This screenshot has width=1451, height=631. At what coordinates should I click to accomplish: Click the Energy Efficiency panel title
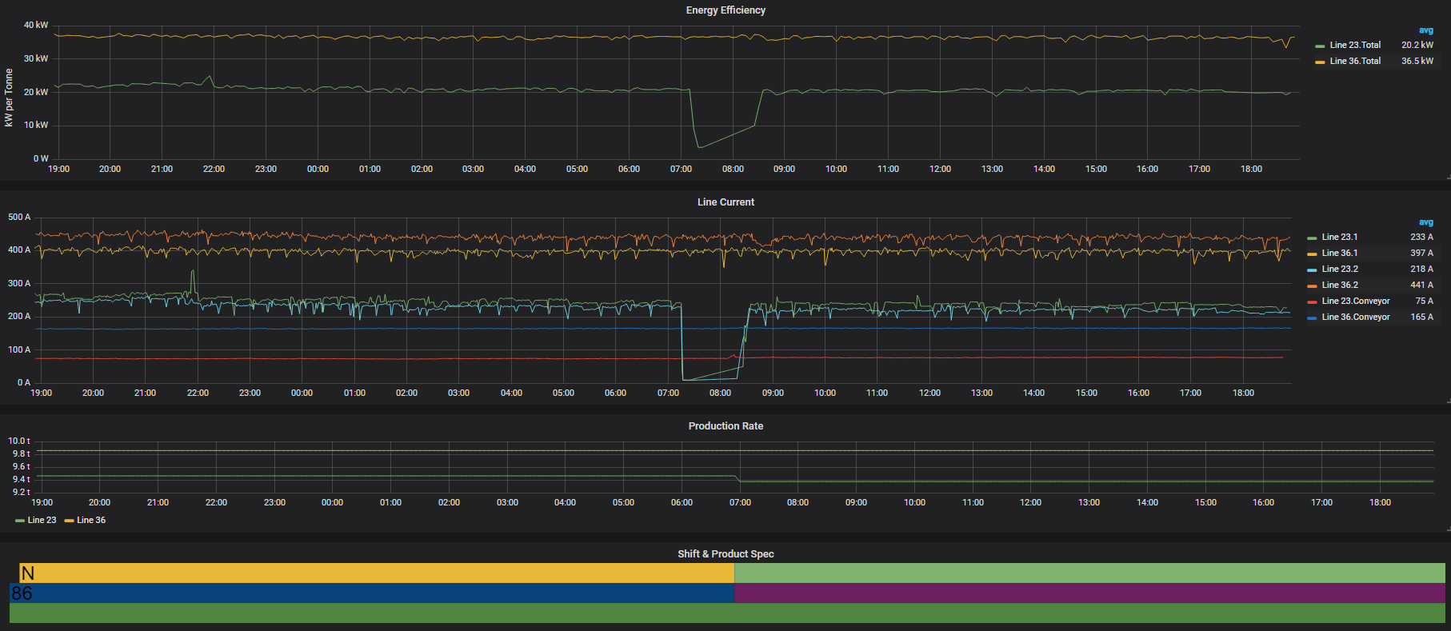click(x=725, y=10)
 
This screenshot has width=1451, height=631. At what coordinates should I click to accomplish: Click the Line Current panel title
click(x=725, y=202)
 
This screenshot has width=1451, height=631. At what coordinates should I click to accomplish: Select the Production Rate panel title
click(x=725, y=426)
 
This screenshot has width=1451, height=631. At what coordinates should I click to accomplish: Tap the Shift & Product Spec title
click(x=725, y=554)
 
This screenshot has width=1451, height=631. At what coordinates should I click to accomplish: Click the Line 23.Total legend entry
click(x=1355, y=46)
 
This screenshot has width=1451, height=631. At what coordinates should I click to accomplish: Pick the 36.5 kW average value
click(x=1417, y=62)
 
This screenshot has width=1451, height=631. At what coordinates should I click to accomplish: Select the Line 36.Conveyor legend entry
click(x=1355, y=317)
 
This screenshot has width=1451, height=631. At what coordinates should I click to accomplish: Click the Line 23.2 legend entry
click(x=1340, y=270)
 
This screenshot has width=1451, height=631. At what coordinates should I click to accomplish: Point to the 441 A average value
click(x=1421, y=286)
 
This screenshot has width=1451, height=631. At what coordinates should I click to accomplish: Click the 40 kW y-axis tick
click(x=36, y=26)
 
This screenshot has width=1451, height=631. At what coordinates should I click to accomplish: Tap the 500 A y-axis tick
click(x=19, y=218)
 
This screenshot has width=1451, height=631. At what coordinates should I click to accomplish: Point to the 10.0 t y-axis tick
click(x=19, y=441)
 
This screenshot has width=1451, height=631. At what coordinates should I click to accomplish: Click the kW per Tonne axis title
click(x=9, y=98)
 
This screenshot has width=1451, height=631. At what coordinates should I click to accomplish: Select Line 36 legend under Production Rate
click(x=90, y=521)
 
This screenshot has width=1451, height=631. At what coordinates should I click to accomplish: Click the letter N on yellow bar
click(x=28, y=573)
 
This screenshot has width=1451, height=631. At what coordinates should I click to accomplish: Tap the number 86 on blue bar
click(x=22, y=593)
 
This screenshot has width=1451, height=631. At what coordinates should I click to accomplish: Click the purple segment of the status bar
click(x=1088, y=593)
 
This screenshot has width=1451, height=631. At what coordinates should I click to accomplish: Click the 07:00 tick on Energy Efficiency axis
click(x=681, y=170)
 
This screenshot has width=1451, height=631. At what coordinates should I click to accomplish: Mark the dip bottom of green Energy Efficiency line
click(x=699, y=147)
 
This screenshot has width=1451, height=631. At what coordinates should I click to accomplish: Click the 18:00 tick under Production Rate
click(x=1380, y=503)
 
